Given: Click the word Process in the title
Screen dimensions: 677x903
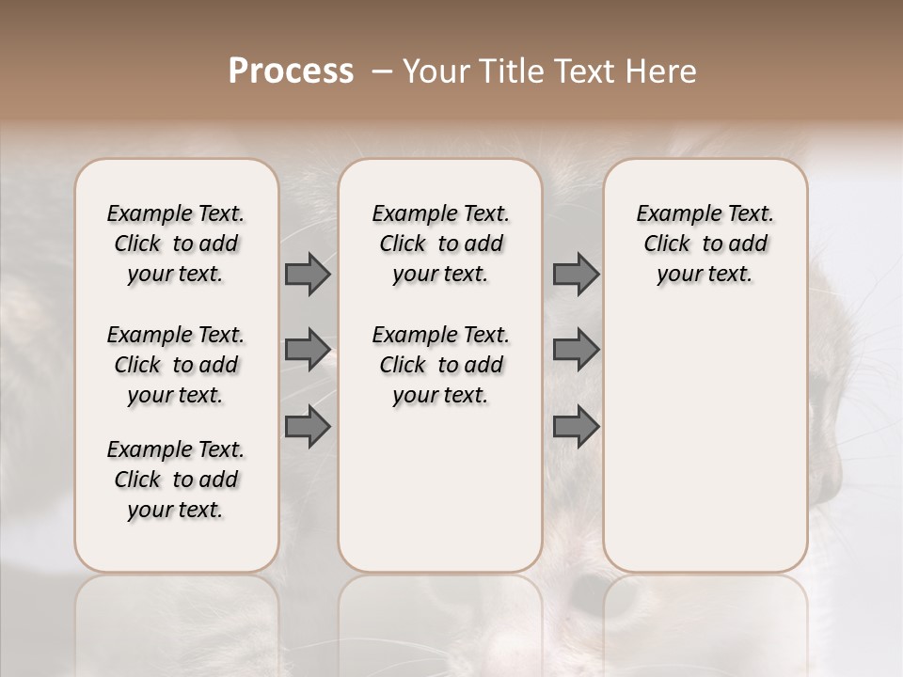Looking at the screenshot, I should [x=291, y=71].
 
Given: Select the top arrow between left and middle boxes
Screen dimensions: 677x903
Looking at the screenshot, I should [x=308, y=275].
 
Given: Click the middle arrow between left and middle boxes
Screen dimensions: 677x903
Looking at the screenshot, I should [x=308, y=349].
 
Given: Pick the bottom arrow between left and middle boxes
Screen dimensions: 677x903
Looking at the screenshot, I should [x=308, y=427].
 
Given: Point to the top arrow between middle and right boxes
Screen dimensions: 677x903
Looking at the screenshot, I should [x=576, y=275].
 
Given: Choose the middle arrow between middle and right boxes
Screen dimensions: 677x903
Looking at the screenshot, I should [x=576, y=349].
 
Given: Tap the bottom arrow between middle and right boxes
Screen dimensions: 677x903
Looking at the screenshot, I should [x=576, y=427].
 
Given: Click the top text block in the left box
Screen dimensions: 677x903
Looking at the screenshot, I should [x=176, y=244].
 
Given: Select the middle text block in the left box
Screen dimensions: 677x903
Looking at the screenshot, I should [x=176, y=365].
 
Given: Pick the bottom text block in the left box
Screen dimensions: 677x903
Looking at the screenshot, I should [x=176, y=480].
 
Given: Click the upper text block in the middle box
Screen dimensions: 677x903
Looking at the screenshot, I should [x=440, y=244].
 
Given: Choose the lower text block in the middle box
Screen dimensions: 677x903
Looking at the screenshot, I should [x=440, y=365].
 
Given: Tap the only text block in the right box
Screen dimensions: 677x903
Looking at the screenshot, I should [x=705, y=244].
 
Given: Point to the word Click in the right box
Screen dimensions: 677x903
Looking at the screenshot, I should [x=667, y=244].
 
